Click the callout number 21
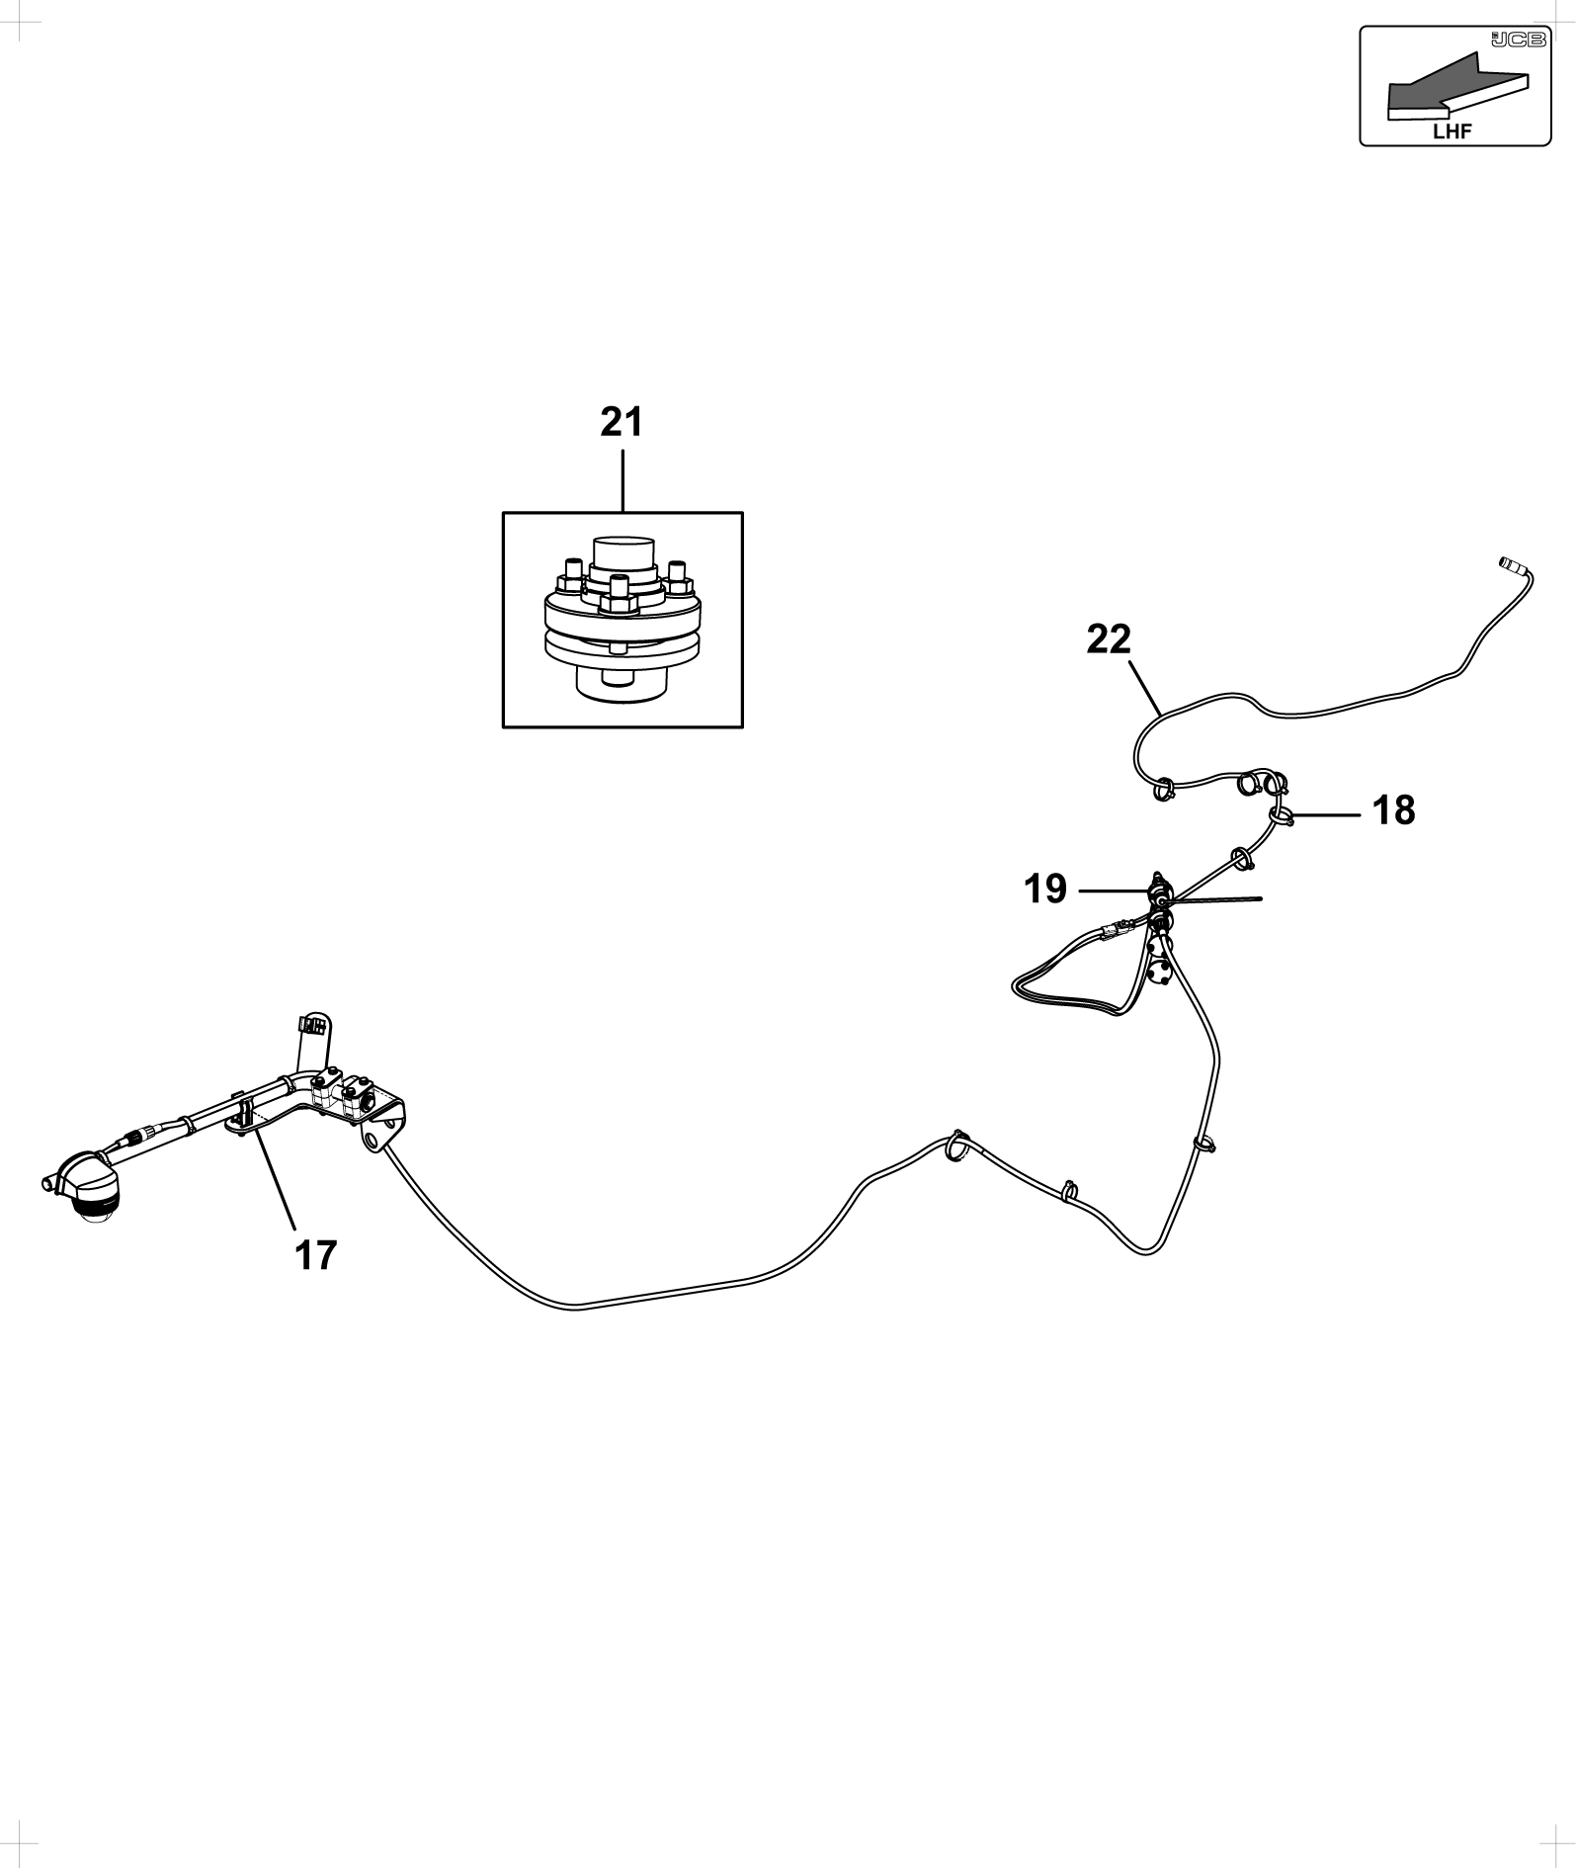click(x=622, y=422)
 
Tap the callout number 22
click(x=1109, y=639)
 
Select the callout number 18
click(x=1393, y=810)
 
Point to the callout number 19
click(x=1045, y=890)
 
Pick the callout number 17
click(x=316, y=1255)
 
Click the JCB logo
click(x=1518, y=40)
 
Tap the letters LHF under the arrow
click(x=1452, y=130)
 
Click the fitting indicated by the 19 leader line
click(x=1159, y=892)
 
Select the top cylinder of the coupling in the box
click(x=623, y=554)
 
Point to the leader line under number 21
click(x=622, y=481)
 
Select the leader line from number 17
click(x=275, y=1180)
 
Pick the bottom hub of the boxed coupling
click(x=622, y=681)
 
